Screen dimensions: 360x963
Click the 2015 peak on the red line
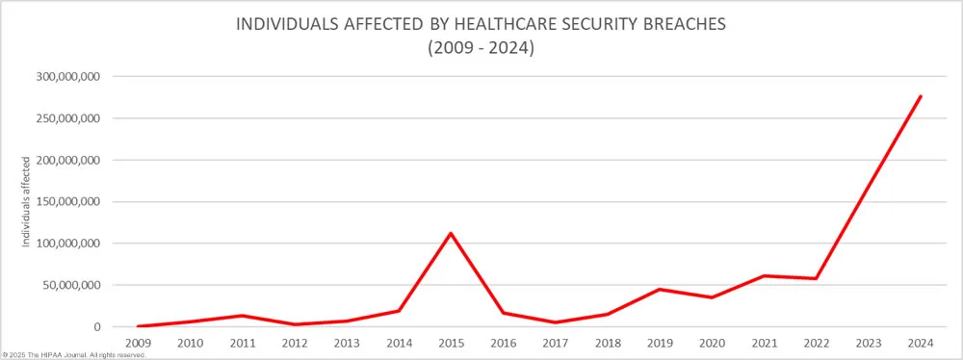[451, 233]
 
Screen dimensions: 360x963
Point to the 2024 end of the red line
[921, 96]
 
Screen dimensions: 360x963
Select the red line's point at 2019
[660, 290]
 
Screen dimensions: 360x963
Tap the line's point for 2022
[817, 279]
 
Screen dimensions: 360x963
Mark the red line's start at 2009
[137, 326]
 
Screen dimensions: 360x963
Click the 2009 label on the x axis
[137, 342]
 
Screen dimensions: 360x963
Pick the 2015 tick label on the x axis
[451, 342]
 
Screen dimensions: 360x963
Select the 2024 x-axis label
[921, 342]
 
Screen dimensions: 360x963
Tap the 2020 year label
[712, 342]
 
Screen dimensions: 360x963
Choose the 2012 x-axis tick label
[294, 342]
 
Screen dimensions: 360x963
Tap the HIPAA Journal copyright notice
[75, 355]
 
